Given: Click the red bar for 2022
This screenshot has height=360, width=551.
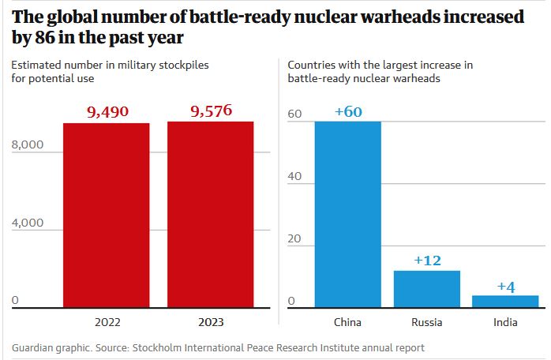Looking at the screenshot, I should (107, 215).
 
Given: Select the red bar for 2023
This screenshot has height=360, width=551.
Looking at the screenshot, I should (211, 215).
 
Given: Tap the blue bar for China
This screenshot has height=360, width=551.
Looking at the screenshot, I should (347, 214).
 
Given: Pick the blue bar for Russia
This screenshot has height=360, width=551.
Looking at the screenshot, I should (427, 289).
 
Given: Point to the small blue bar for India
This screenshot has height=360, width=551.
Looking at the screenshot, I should (506, 301).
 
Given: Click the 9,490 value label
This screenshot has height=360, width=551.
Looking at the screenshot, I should (107, 113).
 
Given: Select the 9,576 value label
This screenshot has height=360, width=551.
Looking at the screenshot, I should (211, 111).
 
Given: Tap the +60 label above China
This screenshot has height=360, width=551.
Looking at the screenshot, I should (348, 111).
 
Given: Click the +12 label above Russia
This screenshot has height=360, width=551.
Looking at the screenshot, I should (428, 261).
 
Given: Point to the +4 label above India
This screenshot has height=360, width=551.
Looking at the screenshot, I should (506, 286).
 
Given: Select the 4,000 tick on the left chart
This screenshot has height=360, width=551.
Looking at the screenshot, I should (27, 223).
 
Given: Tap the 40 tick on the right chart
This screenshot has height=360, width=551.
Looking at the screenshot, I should (294, 176).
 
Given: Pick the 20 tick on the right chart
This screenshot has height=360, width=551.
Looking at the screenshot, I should (294, 239).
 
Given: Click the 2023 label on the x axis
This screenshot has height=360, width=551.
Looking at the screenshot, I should (211, 322).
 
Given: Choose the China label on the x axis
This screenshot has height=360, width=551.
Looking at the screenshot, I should (348, 322).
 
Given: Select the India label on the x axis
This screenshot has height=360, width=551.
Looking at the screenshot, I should (506, 322).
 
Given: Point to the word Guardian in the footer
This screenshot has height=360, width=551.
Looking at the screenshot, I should (35, 347).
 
